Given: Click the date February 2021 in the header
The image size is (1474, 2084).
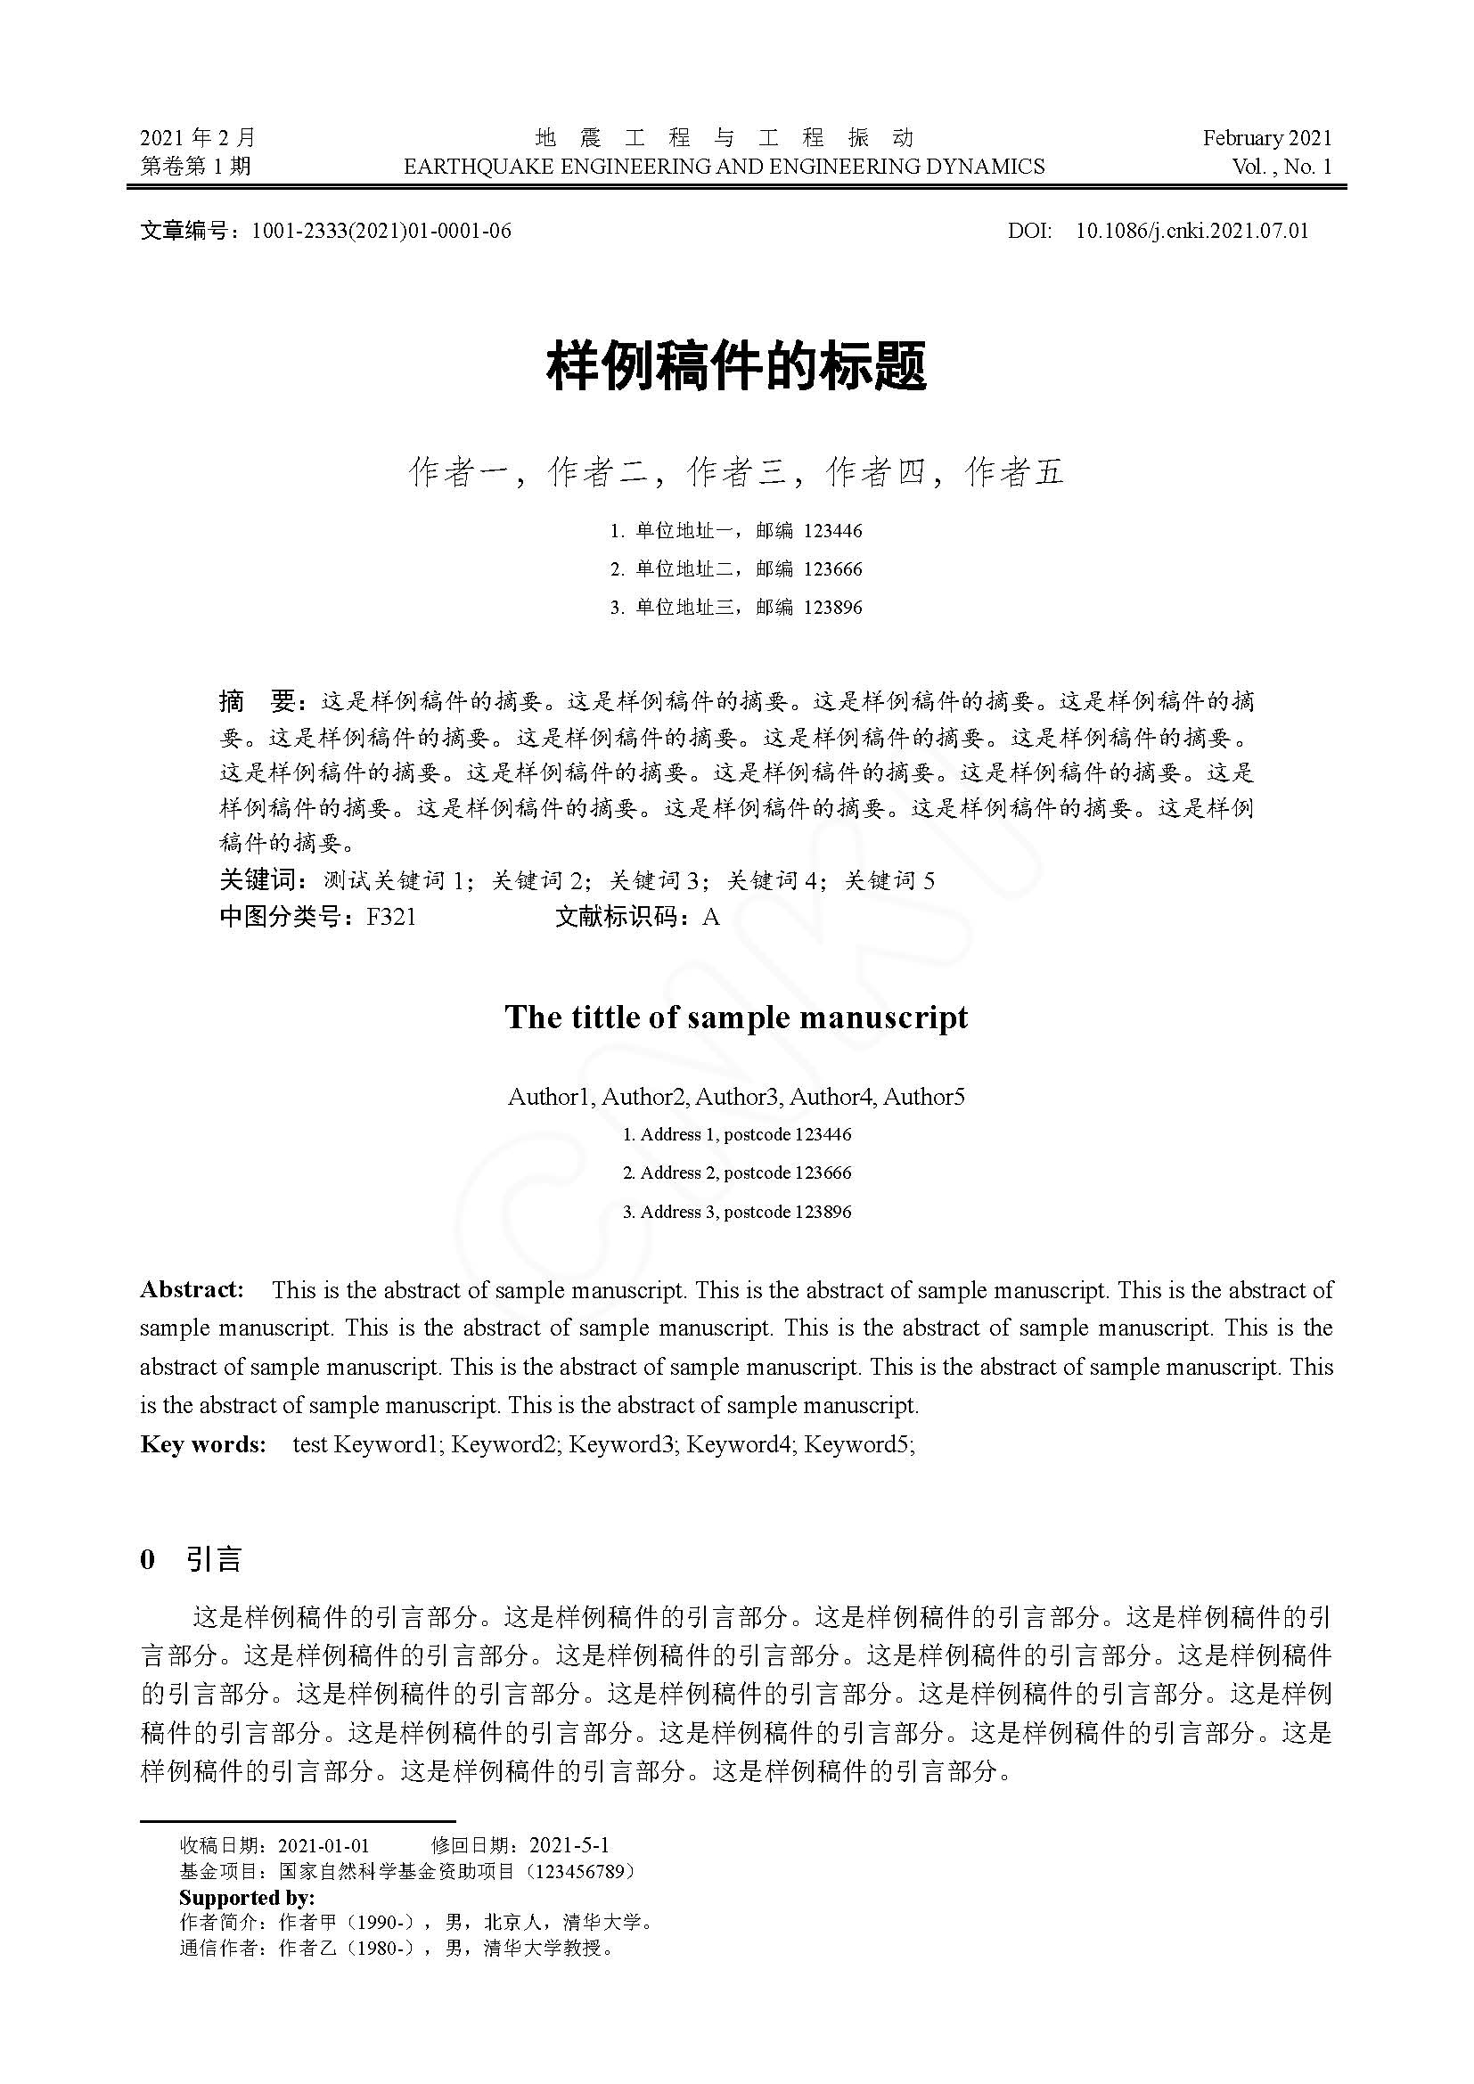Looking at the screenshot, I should (1267, 138).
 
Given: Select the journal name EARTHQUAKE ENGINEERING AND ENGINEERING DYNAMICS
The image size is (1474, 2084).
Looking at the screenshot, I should (725, 167).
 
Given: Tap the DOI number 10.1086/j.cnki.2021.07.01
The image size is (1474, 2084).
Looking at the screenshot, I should (1191, 231).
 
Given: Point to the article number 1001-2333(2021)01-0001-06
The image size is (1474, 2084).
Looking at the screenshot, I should (381, 231).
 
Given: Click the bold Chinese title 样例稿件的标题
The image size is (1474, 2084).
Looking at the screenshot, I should (736, 367).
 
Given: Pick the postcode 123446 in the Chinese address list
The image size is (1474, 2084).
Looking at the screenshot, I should (833, 531).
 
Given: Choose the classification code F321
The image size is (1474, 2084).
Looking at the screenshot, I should (391, 918).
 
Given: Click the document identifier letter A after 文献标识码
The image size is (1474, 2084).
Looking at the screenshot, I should (710, 918).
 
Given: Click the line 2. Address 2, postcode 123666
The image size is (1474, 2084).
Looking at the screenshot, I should (737, 1173).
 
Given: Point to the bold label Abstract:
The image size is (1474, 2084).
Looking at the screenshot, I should (192, 1290).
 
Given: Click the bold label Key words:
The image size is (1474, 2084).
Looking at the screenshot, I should (203, 1444).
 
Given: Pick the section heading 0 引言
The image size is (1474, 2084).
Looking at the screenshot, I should (192, 1559).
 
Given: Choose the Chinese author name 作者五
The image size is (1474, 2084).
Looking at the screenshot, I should (1015, 472).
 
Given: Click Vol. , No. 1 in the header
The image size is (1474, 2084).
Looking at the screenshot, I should (1282, 167).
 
